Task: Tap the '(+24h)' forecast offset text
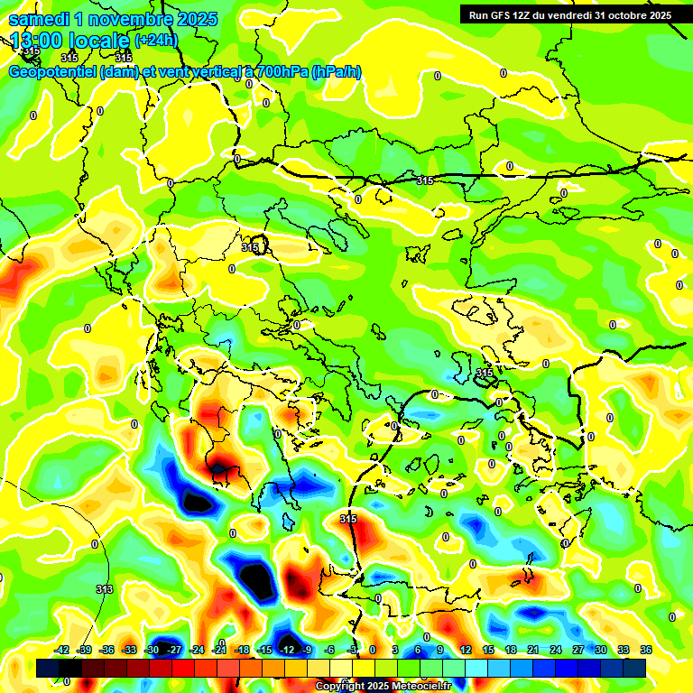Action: (156, 41)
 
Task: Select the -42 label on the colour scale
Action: (61, 650)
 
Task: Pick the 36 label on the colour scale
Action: (646, 650)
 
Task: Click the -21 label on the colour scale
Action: (218, 650)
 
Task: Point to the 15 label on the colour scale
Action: (488, 650)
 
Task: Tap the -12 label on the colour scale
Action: (287, 650)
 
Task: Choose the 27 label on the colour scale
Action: (578, 650)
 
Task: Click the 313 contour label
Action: (105, 589)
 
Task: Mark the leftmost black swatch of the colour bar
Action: (49, 668)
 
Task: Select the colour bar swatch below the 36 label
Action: (635, 668)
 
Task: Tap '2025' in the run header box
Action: (660, 15)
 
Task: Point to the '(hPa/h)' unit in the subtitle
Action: (336, 72)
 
